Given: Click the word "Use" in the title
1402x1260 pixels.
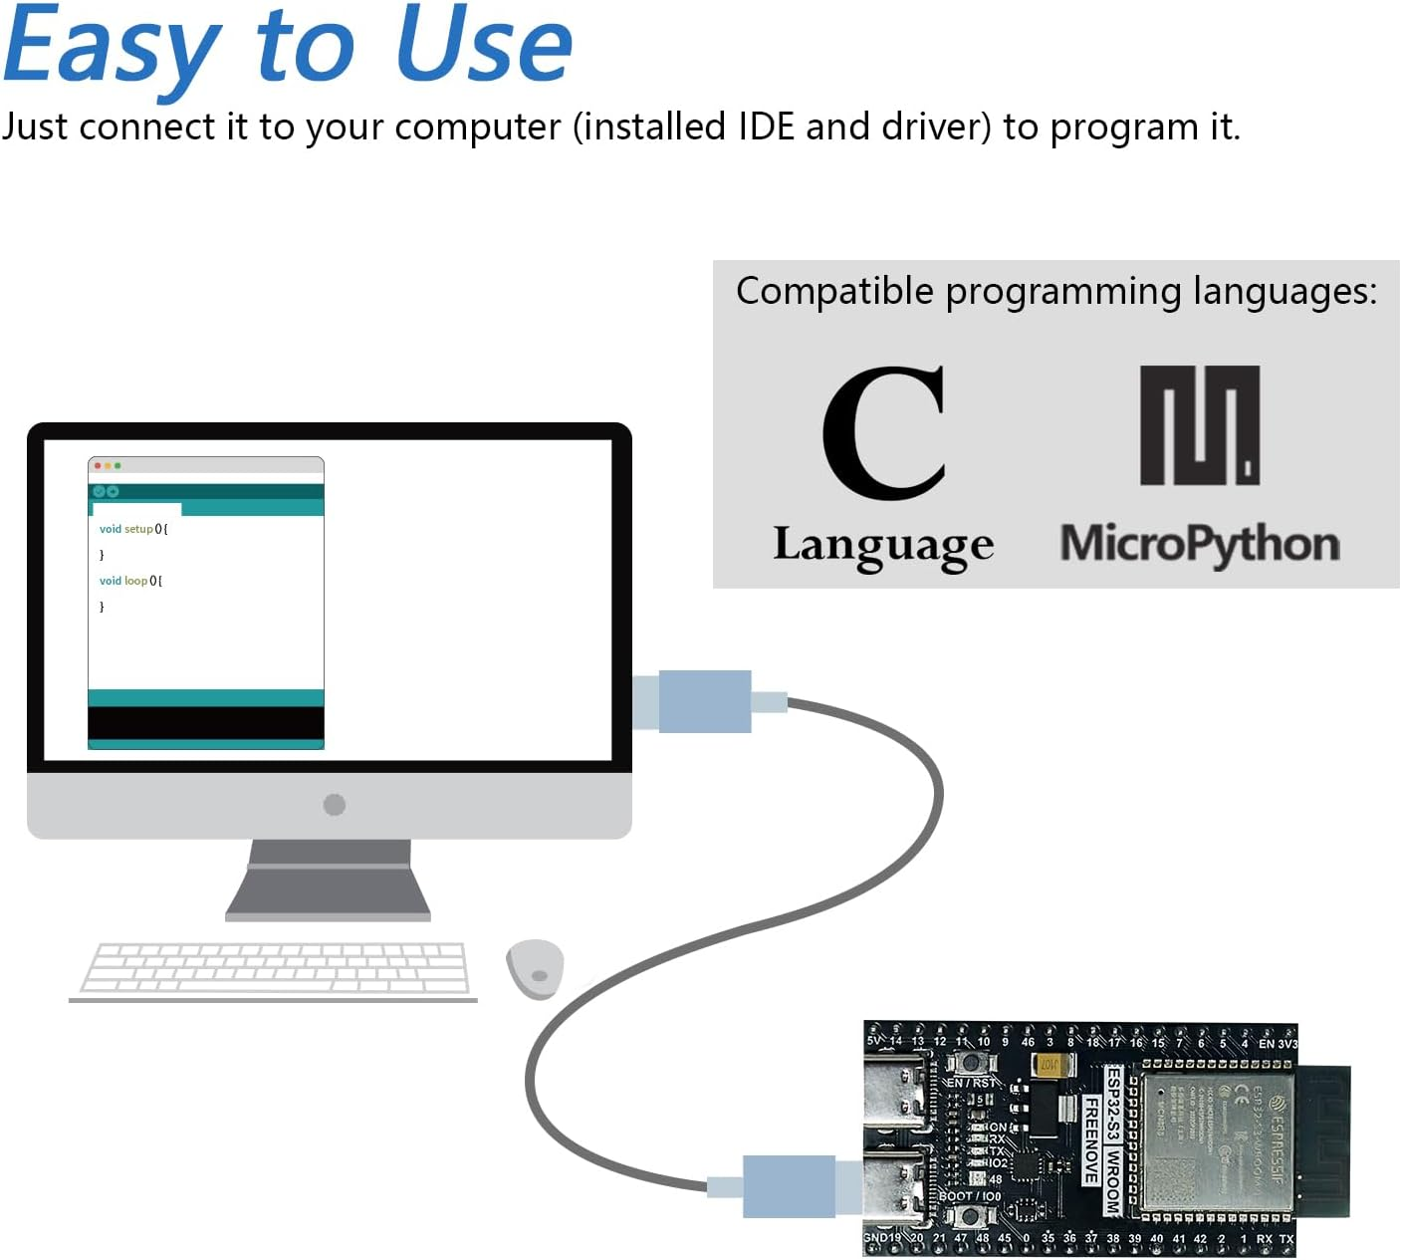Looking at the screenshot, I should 484,45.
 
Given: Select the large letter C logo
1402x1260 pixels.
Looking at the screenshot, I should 884,432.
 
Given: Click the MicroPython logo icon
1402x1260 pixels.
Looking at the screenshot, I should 1200,425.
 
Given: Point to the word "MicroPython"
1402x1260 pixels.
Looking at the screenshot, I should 1200,545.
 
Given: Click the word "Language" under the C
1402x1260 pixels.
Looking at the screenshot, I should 883,546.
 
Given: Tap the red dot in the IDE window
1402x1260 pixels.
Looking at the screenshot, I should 98,466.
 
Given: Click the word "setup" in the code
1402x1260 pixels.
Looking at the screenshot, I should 138,529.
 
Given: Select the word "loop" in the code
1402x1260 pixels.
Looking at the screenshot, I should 135,581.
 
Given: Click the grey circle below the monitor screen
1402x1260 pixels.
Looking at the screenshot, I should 335,805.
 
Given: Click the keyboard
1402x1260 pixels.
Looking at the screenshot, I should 274,968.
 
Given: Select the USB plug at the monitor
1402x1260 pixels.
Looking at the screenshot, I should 703,701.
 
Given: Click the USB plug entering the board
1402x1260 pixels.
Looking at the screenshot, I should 789,1186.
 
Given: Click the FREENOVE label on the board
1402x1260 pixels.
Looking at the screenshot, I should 1091,1140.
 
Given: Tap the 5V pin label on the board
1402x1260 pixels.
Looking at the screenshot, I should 874,1041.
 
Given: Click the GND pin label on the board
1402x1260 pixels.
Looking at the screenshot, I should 875,1238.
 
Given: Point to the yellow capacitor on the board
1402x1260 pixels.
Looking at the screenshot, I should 1050,1065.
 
